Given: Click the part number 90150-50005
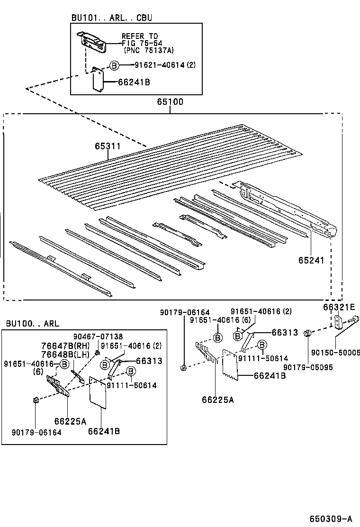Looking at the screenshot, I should point(336,353).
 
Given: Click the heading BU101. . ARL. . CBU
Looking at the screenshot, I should point(112,18).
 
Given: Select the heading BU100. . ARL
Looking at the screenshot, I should point(33,324).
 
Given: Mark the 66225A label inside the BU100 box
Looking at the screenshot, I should point(70,421).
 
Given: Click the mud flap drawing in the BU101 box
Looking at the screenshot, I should point(98,80).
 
